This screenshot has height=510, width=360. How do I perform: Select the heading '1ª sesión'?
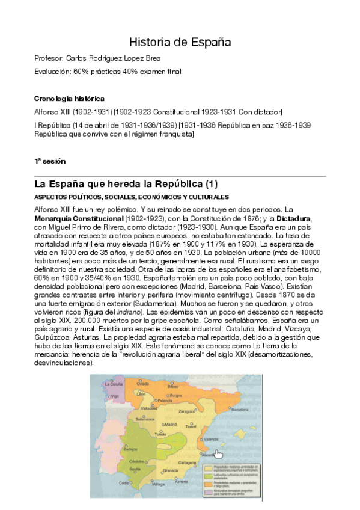click(50, 161)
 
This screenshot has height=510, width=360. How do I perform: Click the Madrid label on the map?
click(171, 424)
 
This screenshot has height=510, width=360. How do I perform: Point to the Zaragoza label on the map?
click(186, 411)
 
